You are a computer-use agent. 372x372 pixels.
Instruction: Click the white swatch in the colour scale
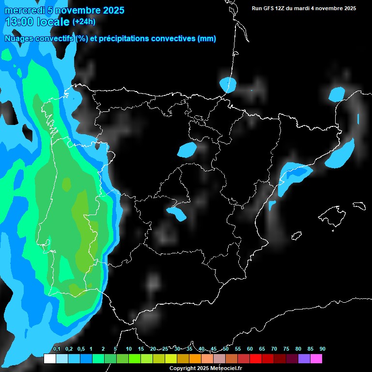(x=49, y=358)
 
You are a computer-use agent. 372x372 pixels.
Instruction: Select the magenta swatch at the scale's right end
(x=316, y=358)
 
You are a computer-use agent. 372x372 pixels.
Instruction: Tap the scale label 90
(x=322, y=349)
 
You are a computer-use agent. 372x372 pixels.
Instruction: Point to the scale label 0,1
(x=57, y=349)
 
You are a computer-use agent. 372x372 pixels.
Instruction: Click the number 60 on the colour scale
(x=250, y=349)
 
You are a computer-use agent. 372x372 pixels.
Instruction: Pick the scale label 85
(x=310, y=349)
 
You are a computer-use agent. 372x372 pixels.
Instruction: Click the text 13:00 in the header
(x=19, y=22)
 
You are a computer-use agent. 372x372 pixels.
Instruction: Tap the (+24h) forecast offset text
(x=84, y=21)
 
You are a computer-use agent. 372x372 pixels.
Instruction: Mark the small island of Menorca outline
(x=359, y=205)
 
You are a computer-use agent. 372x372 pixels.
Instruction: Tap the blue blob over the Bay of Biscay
(x=227, y=85)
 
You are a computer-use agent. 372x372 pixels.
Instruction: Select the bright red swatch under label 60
(x=256, y=358)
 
